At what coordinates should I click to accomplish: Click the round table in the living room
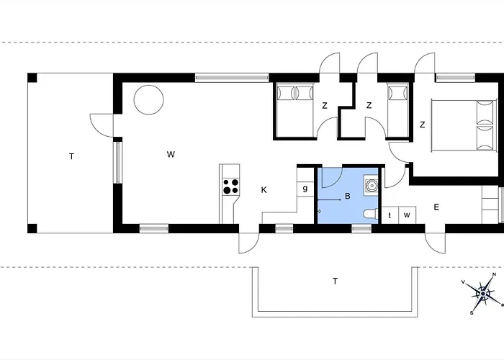(148, 99)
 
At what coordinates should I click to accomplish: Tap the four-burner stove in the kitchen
(231, 186)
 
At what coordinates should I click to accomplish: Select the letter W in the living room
(171, 154)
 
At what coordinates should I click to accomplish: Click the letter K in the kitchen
(264, 190)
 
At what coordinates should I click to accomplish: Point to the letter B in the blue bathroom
(348, 196)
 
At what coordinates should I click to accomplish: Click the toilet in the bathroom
(371, 215)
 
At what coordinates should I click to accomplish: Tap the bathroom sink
(372, 185)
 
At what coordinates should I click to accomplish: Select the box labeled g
(305, 189)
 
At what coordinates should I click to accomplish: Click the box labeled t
(390, 215)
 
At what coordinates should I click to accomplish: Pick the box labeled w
(408, 215)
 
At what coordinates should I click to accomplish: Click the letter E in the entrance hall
(436, 207)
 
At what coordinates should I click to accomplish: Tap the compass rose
(483, 293)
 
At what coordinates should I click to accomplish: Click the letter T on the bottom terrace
(335, 282)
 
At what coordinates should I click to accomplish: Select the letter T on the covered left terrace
(72, 156)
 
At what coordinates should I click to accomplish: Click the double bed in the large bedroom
(462, 125)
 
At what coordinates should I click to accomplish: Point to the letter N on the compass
(494, 274)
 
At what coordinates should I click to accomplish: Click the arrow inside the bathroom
(329, 200)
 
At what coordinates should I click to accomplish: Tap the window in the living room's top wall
(232, 78)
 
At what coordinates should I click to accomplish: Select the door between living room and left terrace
(102, 125)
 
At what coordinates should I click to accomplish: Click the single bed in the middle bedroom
(398, 110)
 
